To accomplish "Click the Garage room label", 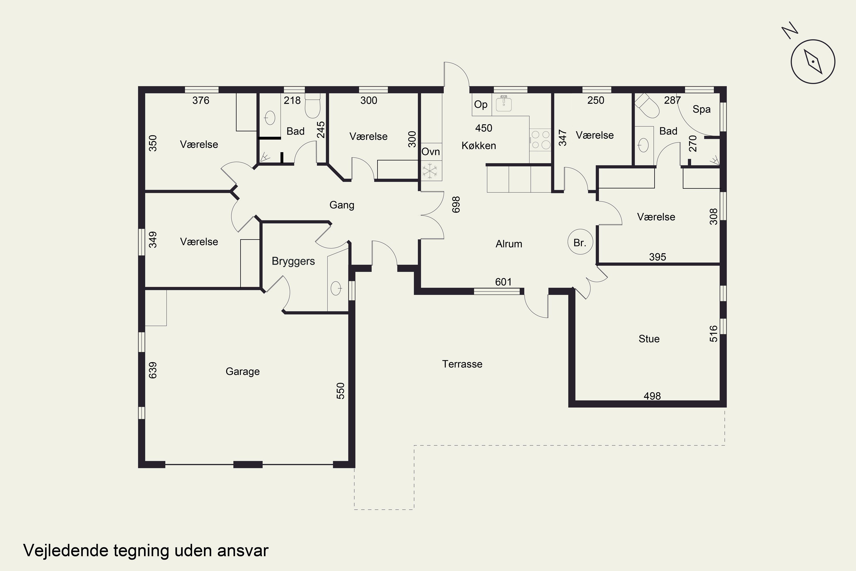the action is pos(243,371).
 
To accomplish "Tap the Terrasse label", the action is pos(462,364).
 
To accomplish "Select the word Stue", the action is pos(649,339).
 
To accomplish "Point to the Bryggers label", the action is pos(293,262).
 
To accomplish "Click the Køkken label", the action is pos(479,146).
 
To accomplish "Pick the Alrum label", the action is pos(509,244).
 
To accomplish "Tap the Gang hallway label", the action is pos(342,205).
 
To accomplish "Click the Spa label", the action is pos(701,110).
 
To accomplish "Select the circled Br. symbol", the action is pos(580,242).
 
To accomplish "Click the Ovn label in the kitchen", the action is pos(431,152).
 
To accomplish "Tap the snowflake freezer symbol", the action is pos(430,171).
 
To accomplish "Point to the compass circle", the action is pos(813,62).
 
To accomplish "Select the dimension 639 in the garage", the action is pos(153,370).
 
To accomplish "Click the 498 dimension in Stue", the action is pos(652,396).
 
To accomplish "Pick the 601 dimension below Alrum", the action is pos(503,282).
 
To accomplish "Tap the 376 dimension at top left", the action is pos(201,100).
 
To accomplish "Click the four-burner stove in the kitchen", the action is pos(540,140).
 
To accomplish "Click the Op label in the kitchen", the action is pos(481,105).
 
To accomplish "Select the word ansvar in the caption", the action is pos(243,551).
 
